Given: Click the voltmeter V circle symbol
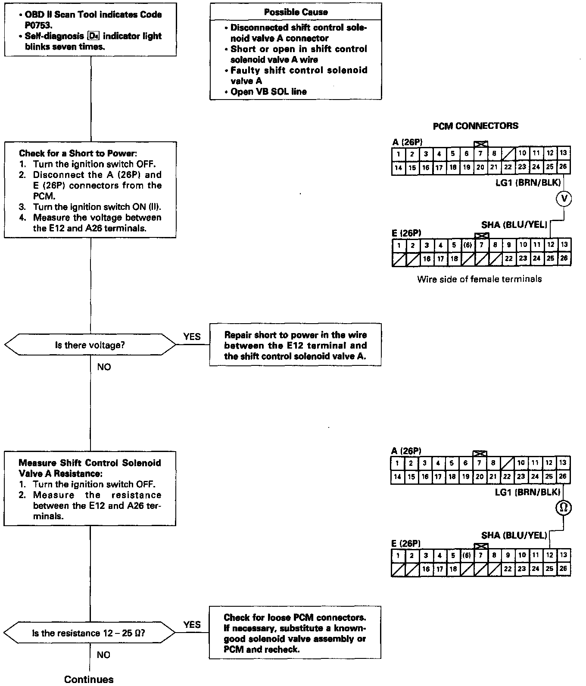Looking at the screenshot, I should click(564, 198).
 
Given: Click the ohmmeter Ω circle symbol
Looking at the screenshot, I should click(563, 508).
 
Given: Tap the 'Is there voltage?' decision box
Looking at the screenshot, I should click(90, 345).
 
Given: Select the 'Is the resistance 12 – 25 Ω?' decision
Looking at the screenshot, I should click(89, 633).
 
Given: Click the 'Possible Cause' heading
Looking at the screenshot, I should click(296, 12).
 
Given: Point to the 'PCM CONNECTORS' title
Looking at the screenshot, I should click(475, 126).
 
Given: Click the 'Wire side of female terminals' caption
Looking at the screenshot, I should click(479, 279).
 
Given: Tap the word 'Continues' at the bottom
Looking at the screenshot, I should click(89, 679).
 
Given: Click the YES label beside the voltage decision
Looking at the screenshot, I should click(192, 337).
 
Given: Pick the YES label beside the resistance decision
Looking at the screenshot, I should click(192, 624).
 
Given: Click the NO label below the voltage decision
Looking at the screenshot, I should click(104, 367).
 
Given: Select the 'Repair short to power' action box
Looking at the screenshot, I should click(295, 345).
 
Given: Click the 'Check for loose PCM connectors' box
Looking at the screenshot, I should click(295, 633).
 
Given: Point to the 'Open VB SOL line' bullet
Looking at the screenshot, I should click(268, 91).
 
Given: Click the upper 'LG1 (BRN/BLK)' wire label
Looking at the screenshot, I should click(528, 183).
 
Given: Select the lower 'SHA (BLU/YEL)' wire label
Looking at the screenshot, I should click(514, 535).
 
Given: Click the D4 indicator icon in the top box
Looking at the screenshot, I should click(93, 36).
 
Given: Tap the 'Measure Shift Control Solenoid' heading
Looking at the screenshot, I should click(90, 463).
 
